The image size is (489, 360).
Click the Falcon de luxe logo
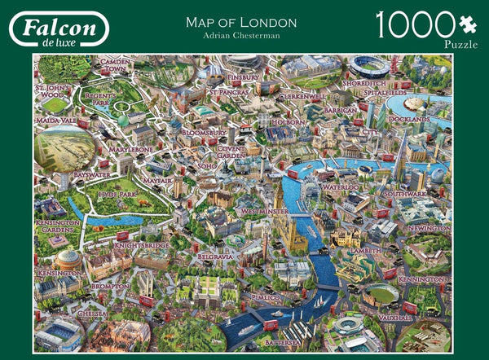click(59, 29)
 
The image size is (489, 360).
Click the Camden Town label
click(117, 65)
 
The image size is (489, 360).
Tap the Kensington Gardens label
click(58, 226)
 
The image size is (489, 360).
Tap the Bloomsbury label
click(203, 131)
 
